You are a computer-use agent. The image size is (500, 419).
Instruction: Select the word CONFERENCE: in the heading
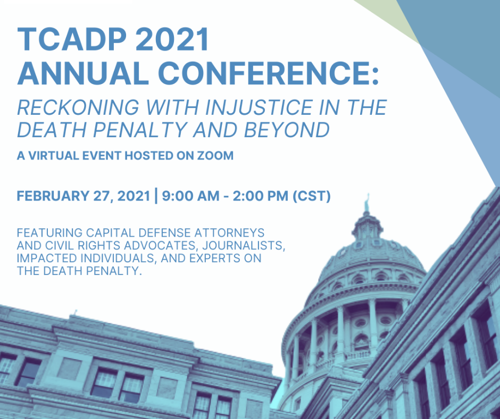click(269, 73)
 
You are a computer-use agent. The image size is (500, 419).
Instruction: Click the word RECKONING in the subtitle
click(78, 107)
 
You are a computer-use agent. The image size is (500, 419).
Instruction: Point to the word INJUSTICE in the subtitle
click(259, 107)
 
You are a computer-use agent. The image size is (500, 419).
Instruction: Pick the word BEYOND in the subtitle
click(287, 130)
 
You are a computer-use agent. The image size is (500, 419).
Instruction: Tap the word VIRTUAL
click(54, 156)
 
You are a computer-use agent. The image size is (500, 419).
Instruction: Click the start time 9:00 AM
click(190, 196)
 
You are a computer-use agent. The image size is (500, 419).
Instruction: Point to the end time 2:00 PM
click(261, 196)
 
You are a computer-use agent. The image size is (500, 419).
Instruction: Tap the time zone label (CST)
click(312, 196)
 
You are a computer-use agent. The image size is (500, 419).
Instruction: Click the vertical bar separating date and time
click(156, 196)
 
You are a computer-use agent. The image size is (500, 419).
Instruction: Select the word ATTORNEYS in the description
click(229, 233)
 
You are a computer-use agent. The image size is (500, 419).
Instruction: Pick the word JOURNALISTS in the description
click(244, 246)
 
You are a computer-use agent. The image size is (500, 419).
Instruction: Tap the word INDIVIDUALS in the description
click(118, 258)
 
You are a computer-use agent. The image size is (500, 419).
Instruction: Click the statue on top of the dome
click(368, 202)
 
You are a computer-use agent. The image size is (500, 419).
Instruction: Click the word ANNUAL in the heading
click(83, 73)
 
